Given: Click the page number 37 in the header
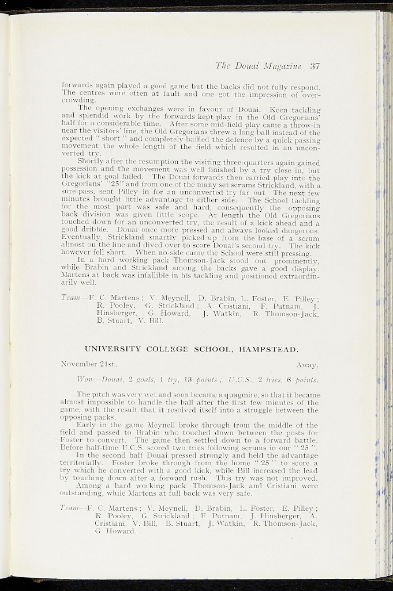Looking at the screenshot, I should coord(314,66).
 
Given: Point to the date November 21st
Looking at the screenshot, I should coord(89,365).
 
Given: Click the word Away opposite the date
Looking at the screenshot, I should coord(308,365).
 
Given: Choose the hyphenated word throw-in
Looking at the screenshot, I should coord(304,124).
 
